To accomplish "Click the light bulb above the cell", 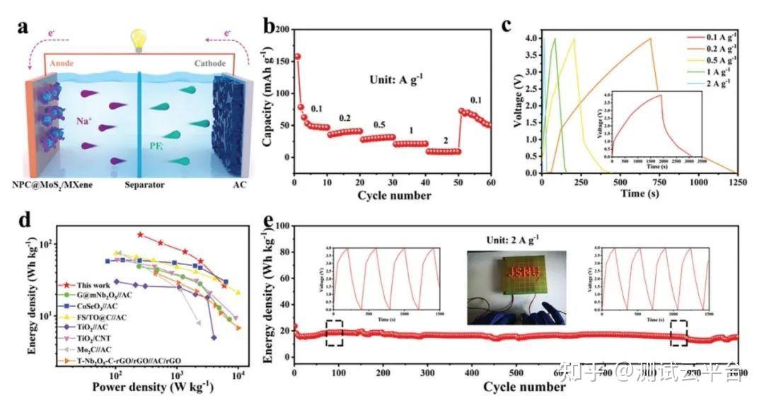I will click(x=136, y=38).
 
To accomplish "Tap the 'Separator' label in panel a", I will click(x=139, y=186).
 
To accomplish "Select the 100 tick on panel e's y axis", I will click(x=282, y=226).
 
